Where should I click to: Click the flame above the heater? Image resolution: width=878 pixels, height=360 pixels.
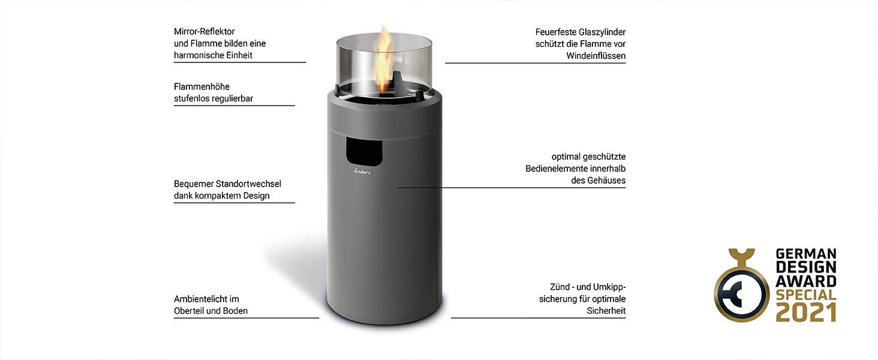(383, 60)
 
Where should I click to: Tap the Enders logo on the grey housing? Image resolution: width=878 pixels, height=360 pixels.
(362, 172)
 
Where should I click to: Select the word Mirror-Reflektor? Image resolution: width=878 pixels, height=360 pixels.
(204, 31)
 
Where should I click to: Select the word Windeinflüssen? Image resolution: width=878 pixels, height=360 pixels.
(596, 56)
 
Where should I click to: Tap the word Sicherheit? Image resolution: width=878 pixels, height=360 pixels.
(606, 311)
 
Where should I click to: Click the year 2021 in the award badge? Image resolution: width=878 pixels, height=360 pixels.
(805, 312)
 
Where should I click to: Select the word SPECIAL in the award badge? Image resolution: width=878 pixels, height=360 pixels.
(805, 295)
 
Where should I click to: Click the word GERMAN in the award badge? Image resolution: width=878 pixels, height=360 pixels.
(805, 254)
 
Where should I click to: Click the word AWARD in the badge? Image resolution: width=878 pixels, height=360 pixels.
(805, 281)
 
